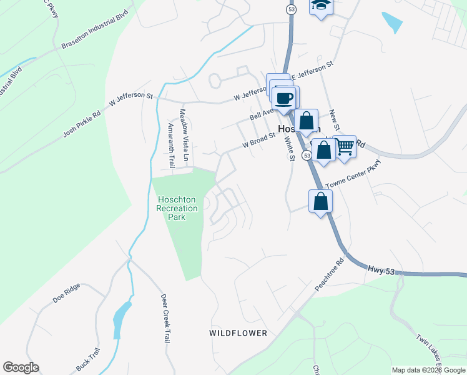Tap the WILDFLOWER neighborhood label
(x=238, y=333)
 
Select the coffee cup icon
(x=285, y=98)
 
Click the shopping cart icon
(x=344, y=147)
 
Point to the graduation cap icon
(x=322, y=6)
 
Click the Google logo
(x=21, y=367)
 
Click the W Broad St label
(x=259, y=140)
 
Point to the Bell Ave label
(x=262, y=114)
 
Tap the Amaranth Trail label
(x=172, y=145)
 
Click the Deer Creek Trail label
(x=165, y=317)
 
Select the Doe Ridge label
(x=67, y=294)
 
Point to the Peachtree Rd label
(x=330, y=276)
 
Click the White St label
(x=289, y=148)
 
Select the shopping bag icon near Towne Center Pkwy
(x=320, y=201)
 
